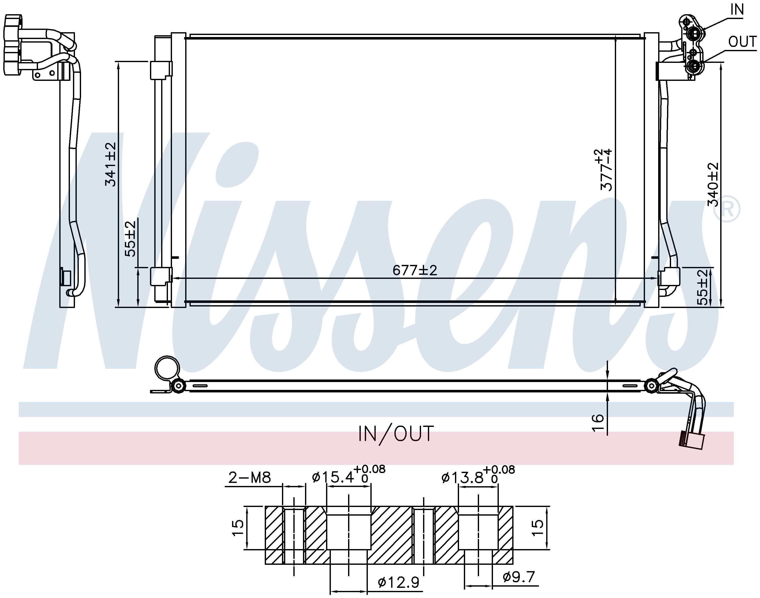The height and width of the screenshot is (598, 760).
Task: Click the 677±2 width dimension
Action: point(415,270)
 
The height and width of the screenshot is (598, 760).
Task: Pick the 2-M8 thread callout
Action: point(250,478)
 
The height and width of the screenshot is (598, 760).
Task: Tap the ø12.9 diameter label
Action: point(398,583)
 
